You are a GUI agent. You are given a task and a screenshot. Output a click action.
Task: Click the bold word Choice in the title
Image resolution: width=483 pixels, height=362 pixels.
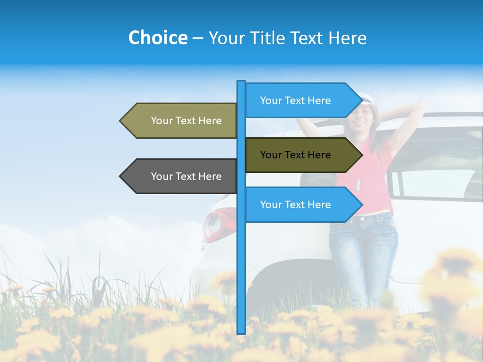point(157,38)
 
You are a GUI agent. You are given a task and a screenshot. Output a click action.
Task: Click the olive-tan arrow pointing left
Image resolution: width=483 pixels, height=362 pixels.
point(181,121)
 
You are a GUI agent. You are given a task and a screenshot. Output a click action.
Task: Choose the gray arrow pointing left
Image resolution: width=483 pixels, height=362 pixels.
point(181,176)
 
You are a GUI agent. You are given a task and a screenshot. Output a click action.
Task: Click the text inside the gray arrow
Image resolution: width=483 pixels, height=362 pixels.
point(186,176)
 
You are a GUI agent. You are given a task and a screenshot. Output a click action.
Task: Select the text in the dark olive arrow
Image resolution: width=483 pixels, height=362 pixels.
point(295,155)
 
